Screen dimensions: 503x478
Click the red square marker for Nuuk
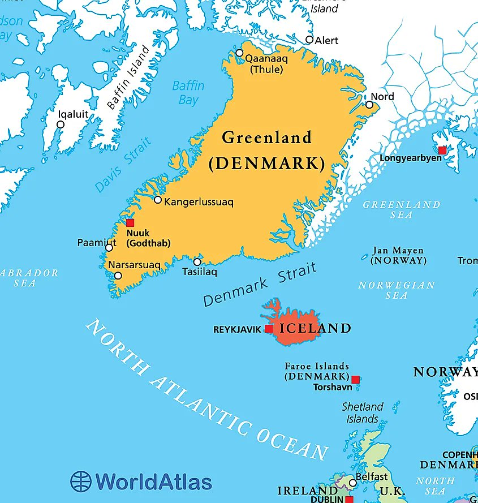pos(130,223)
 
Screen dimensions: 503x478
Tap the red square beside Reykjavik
pos(269,329)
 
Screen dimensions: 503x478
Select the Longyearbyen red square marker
pos(442,151)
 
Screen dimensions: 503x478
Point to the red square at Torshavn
pos(355,380)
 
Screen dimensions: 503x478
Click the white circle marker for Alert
pos(309,40)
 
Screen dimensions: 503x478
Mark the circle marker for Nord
pos(369,105)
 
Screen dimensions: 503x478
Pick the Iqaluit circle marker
pos(61,124)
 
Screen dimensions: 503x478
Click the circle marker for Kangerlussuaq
pos(158,200)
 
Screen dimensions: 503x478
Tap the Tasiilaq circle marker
pos(197,262)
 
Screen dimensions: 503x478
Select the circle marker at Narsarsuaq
pos(118,276)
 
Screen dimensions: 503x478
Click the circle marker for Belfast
pos(352,483)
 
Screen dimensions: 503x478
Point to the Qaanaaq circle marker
pos(239,53)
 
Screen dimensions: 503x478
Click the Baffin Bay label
pos(188,93)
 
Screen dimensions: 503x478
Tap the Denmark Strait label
pos(260,286)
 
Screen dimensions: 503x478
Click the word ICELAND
pos(316,328)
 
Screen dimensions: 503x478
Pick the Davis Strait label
pos(123,165)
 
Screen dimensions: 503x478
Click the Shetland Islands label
pos(362,413)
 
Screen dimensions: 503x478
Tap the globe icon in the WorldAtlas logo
pos(81,481)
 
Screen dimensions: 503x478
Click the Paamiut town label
pos(96,243)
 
